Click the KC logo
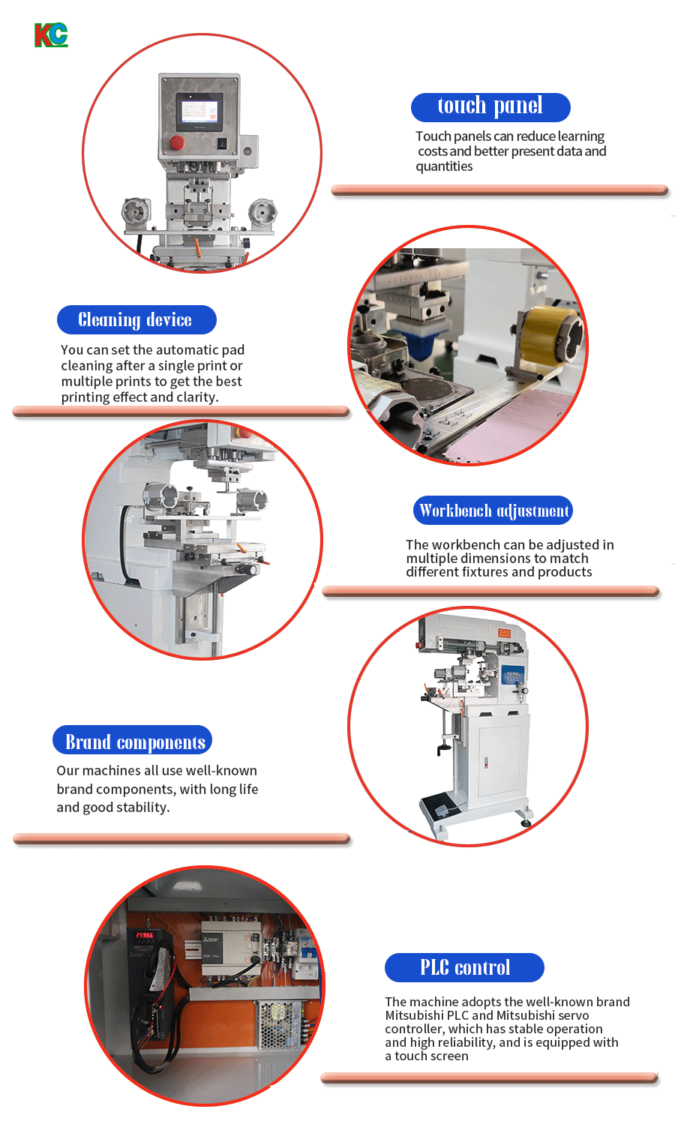[51, 35]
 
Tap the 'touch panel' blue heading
[490, 107]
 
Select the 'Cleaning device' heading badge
[136, 319]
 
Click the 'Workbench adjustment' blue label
[493, 510]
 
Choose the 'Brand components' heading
[133, 740]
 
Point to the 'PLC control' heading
[464, 967]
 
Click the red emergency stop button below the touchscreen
[176, 142]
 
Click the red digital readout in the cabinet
[144, 935]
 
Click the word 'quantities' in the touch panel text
[444, 166]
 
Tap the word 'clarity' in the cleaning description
[195, 397]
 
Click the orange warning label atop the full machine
[504, 633]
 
